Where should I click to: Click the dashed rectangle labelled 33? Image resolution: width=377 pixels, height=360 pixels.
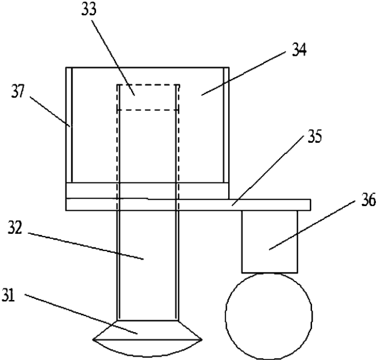tap(148, 97)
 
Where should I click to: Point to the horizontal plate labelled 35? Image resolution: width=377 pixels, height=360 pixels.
tap(269, 204)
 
